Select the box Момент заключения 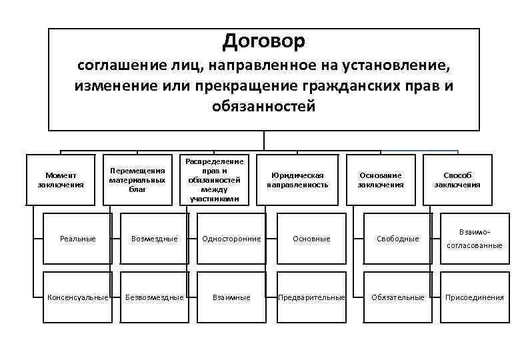(61, 180)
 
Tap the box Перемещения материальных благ (137, 180)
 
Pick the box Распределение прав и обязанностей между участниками (215, 180)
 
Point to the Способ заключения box (457, 180)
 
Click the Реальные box (77, 238)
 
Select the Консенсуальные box (77, 297)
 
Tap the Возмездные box (155, 238)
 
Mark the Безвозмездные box (155, 297)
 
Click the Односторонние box (231, 238)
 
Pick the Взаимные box (231, 297)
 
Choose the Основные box (312, 238)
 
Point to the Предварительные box (312, 297)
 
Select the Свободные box (397, 238)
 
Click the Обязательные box (397, 297)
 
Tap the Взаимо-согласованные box (475, 238)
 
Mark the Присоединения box (475, 297)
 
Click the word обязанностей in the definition (263, 107)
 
